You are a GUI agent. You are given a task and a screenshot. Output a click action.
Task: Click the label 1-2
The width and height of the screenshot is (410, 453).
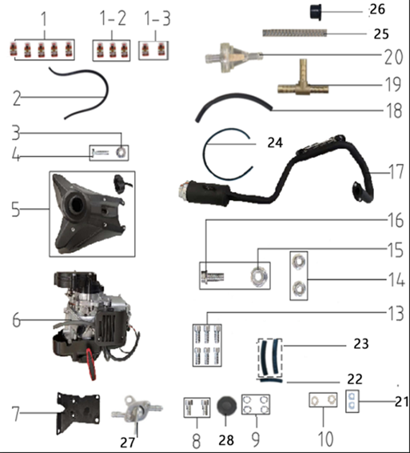tap(113, 17)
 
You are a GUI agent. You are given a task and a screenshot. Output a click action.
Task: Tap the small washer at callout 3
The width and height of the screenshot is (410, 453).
tap(121, 150)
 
